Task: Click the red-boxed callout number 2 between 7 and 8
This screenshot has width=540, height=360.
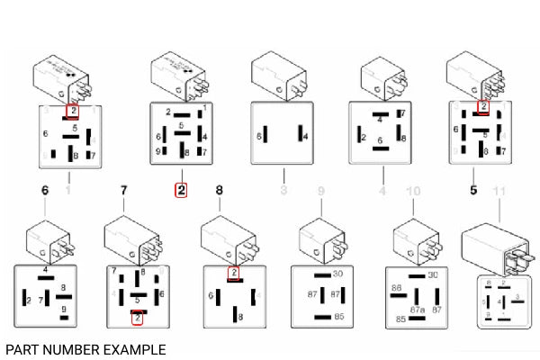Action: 181,190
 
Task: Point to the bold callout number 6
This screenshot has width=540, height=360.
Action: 45,190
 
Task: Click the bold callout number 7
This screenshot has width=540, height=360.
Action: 124,190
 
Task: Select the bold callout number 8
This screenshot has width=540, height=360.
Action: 219,190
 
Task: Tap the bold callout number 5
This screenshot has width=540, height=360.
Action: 473,190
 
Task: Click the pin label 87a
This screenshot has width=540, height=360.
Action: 418,309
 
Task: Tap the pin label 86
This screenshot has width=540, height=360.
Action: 396,289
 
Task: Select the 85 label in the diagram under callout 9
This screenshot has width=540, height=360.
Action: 338,317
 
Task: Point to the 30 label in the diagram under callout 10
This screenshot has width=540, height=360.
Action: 433,274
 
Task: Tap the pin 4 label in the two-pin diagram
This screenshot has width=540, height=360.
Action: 306,136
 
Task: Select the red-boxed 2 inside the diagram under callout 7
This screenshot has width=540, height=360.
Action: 137,316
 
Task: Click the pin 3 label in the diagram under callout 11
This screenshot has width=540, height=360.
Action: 517,295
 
